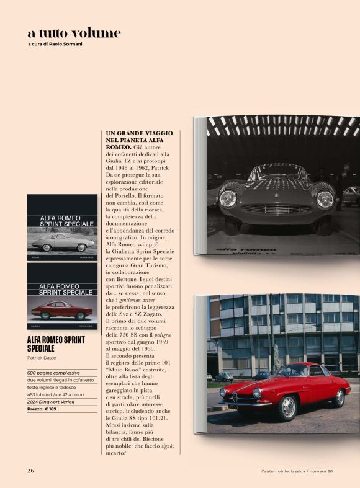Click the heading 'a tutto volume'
coord(74,32)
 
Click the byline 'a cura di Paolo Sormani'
coord(55,44)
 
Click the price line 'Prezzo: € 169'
coord(45,409)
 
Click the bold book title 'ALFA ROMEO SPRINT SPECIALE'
coord(56,344)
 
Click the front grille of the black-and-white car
coord(276,209)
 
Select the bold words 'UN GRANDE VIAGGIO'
coord(139,133)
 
